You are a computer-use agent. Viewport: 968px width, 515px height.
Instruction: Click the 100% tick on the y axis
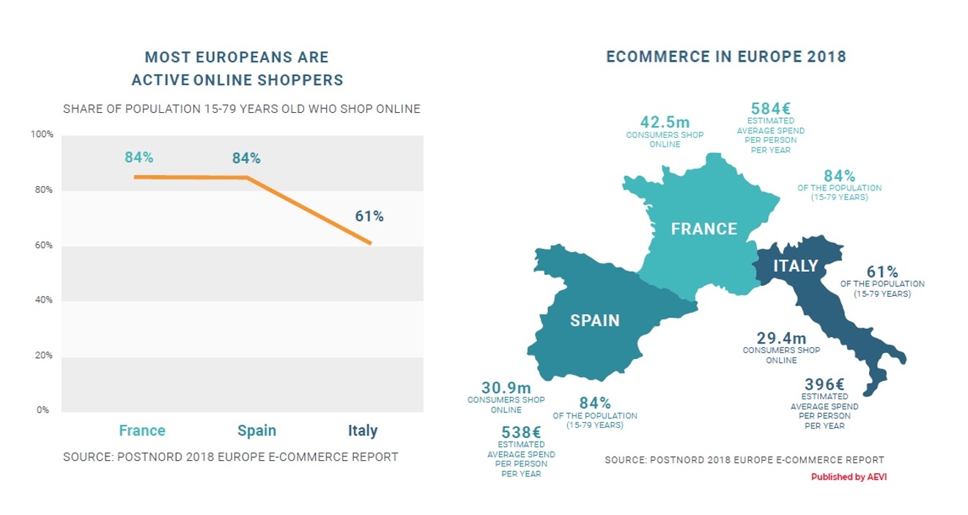42,135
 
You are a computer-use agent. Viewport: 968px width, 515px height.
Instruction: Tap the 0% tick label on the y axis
43,410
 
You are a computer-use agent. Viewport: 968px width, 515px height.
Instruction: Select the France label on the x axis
142,430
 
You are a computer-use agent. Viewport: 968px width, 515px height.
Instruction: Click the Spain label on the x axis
256,430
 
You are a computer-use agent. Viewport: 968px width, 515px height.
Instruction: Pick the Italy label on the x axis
363,430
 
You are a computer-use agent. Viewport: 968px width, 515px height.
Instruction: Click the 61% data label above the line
369,216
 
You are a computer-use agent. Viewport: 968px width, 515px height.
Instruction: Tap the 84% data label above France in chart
138,157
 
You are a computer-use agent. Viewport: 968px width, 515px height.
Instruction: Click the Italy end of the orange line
371,243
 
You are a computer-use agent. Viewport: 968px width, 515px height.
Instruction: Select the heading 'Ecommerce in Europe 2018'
725,57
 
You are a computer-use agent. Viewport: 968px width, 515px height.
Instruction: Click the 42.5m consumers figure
665,122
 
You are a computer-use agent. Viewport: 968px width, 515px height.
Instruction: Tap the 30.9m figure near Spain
506,388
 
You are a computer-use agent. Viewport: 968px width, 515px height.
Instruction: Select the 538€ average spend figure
521,432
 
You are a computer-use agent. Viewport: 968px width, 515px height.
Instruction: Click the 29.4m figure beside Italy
781,338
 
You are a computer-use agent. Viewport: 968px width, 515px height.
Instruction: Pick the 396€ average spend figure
824,385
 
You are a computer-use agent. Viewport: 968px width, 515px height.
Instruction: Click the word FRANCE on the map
703,229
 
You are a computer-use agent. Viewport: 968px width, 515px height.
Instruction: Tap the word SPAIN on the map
594,320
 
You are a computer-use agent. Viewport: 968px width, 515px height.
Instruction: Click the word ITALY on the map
795,266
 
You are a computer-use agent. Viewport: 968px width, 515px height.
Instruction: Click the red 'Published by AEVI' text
849,477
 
